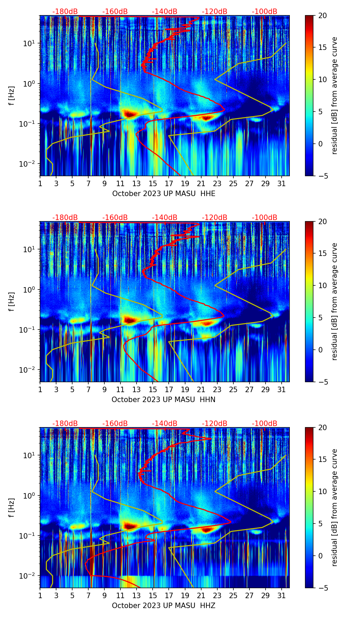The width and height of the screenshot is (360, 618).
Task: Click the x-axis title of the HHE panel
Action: (x=164, y=194)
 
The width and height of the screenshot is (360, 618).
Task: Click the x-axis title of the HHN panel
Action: (x=163, y=400)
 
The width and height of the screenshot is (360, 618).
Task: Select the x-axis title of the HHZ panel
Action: (x=163, y=606)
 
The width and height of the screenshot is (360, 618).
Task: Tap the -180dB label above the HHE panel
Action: (x=65, y=12)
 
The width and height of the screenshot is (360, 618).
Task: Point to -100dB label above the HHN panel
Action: (x=265, y=218)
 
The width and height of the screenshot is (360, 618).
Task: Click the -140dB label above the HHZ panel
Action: (x=165, y=424)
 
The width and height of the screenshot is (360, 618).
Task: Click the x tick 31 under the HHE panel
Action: (x=281, y=184)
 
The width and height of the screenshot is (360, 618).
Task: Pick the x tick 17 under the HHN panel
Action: (x=169, y=390)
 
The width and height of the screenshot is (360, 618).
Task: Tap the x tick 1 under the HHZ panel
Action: (x=40, y=596)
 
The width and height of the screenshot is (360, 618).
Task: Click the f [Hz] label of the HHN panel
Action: (x=12, y=301)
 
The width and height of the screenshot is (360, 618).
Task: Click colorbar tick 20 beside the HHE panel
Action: (x=323, y=16)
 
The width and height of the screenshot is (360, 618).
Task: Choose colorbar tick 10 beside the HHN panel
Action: (x=323, y=285)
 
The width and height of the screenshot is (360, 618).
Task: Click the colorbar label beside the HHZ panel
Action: (x=334, y=507)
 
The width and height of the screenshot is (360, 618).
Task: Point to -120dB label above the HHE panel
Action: (x=215, y=12)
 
